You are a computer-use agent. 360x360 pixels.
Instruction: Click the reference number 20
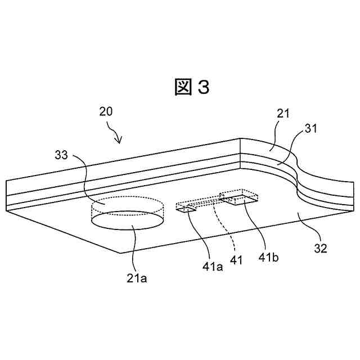pyautogui.click(x=106, y=111)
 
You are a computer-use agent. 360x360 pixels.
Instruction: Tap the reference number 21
pyautogui.click(x=283, y=114)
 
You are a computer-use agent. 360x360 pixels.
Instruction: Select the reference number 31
pyautogui.click(x=311, y=129)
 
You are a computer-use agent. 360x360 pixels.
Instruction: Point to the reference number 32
pyautogui.click(x=321, y=247)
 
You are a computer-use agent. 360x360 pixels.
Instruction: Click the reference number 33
pyautogui.click(x=62, y=154)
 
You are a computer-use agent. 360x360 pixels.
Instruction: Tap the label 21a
pyautogui.click(x=137, y=277)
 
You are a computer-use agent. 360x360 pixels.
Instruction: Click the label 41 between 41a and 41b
pyautogui.click(x=236, y=259)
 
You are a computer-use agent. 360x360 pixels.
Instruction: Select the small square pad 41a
pyautogui.click(x=186, y=209)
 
